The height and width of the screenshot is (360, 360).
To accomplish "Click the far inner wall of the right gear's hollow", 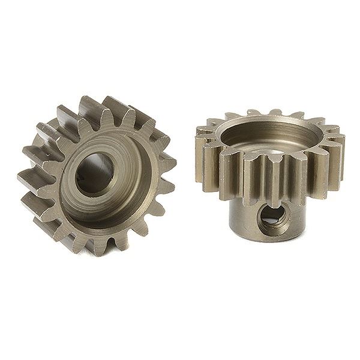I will (x=270, y=126).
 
